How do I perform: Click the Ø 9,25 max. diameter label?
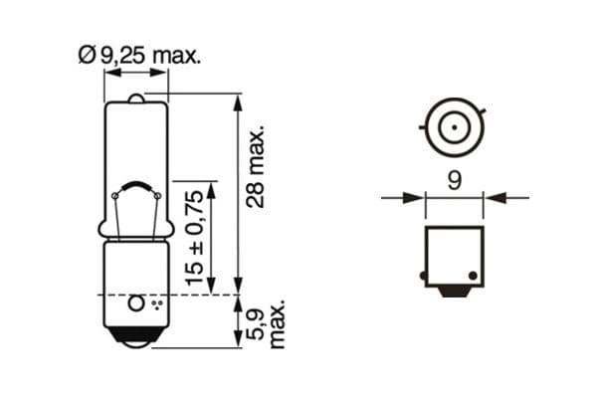139,57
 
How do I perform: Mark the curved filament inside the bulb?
136,188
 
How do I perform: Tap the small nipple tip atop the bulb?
136,97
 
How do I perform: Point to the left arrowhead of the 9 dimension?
417,198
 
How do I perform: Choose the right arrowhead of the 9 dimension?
491,198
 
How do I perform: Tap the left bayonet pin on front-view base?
424,275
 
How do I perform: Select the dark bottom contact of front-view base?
454,291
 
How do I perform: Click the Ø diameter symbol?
85,57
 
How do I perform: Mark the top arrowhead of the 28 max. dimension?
237,99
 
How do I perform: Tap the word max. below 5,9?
280,323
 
